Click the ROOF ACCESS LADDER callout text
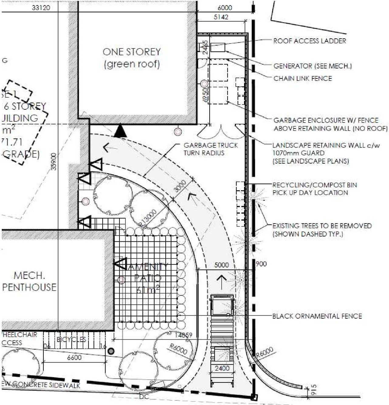pos(309,41)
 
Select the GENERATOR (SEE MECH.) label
pos(312,66)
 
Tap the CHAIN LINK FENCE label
pos(303,78)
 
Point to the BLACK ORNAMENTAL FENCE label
pos(317,316)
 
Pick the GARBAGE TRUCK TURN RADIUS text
pos(211,149)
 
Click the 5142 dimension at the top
pos(221,17)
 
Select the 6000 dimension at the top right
pos(225,8)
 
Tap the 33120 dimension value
pos(41,8)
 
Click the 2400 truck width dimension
pos(222,368)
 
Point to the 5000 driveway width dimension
pos(221,265)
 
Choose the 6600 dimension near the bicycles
pos(74,358)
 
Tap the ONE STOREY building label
pos(132,58)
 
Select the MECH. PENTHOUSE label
pos(29,281)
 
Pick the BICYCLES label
pos(71,339)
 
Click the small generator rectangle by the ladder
pos(218,47)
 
